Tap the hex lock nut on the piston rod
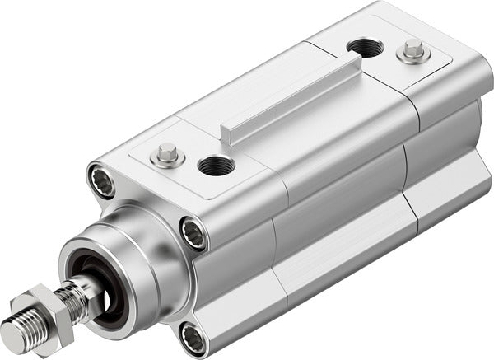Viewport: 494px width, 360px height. (x=51, y=309)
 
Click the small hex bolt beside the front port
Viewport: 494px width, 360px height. (x=169, y=153)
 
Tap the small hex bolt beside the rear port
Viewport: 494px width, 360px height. (x=413, y=52)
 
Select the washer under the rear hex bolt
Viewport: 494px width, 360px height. (x=413, y=58)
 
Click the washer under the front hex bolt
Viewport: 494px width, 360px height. (x=169, y=160)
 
